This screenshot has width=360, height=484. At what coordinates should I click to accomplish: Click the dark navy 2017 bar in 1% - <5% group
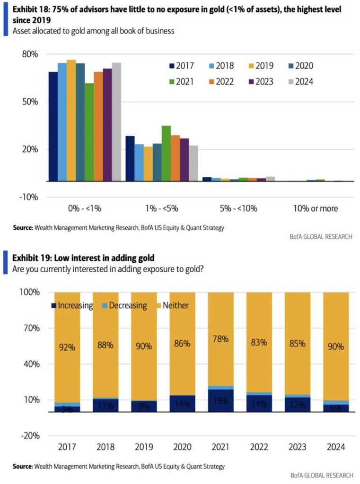point(130,158)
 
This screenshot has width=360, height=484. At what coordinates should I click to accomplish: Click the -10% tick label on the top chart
point(29,197)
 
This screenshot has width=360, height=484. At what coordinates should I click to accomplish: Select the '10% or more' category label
point(316,208)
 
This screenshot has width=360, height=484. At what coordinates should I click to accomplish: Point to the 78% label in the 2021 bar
point(221,339)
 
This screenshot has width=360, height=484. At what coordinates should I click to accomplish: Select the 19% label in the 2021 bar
point(221,401)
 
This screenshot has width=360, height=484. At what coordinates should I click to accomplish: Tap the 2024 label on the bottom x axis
point(336,447)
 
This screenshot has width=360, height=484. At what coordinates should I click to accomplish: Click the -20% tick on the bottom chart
point(29,436)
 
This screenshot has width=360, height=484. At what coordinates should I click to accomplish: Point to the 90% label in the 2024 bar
point(336,347)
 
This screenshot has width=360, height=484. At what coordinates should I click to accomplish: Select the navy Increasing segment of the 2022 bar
point(259,403)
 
